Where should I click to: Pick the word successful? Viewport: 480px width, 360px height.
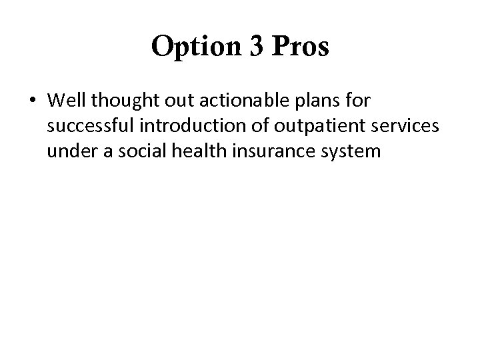[84, 127]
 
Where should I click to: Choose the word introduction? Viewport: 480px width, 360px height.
[179, 127]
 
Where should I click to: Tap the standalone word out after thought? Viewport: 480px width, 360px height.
[167, 102]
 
